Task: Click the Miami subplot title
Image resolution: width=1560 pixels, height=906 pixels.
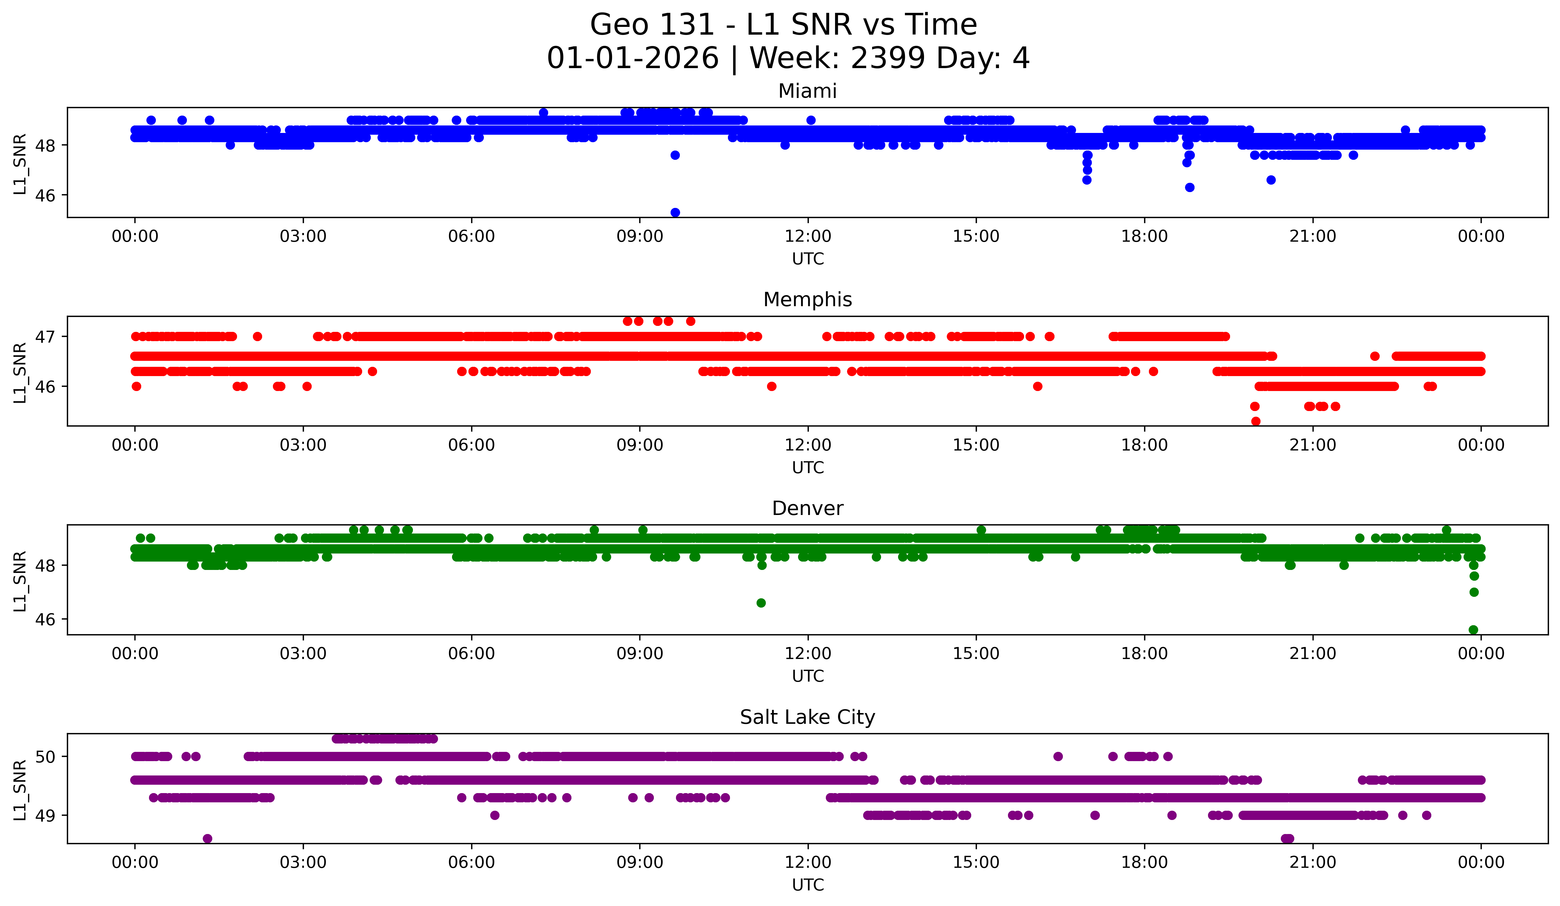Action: pyautogui.click(x=807, y=91)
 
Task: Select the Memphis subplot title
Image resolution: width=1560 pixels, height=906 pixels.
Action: pyautogui.click(x=807, y=300)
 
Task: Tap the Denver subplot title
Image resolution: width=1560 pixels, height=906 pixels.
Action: pyautogui.click(x=807, y=508)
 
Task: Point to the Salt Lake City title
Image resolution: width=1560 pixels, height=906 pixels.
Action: pyautogui.click(x=807, y=717)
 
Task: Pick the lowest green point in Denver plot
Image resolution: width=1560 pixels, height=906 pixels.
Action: pyautogui.click(x=1473, y=630)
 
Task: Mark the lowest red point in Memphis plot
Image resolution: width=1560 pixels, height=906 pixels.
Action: pyautogui.click(x=1255, y=421)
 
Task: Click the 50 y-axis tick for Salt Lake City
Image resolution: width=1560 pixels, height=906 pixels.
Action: pyautogui.click(x=45, y=757)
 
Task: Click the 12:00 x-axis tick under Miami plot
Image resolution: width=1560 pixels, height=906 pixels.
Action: pyautogui.click(x=808, y=237)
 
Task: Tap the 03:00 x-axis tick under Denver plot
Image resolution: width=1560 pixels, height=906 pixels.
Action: pyautogui.click(x=303, y=654)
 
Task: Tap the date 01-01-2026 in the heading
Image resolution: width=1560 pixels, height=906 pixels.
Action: pyautogui.click(x=633, y=58)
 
